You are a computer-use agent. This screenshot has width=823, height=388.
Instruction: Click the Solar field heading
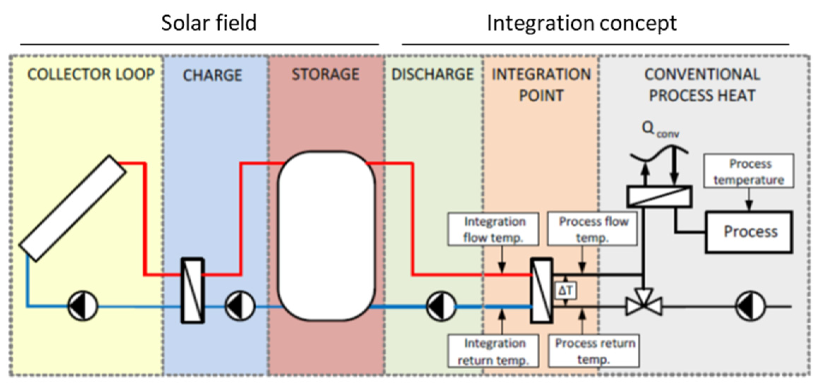coord(209,23)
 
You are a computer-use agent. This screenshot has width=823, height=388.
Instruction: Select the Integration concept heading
coord(582,23)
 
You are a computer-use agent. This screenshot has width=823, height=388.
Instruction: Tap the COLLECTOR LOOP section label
coord(91,74)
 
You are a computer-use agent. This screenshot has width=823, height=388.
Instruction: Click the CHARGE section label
coord(213,75)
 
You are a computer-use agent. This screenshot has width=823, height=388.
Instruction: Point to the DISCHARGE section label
coord(433,74)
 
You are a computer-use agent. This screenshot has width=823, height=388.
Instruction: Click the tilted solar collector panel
coord(73,208)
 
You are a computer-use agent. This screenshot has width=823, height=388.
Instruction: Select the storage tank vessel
coord(326,235)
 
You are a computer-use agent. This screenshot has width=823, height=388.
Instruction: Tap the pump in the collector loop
coord(83,306)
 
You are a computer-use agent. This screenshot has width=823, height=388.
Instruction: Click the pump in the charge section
coord(240,306)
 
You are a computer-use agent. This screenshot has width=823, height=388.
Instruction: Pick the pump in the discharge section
coord(441,306)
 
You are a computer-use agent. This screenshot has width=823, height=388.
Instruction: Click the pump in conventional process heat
coord(750,306)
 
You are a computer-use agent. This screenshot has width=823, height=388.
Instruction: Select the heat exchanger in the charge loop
coord(192,290)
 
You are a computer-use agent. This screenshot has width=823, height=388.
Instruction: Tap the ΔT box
coord(566,291)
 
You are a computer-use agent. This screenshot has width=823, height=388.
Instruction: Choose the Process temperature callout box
coord(749,171)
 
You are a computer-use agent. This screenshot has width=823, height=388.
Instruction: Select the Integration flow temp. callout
coord(493,229)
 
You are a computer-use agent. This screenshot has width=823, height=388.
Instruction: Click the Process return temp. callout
coord(594,351)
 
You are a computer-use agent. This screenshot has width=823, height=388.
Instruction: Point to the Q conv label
coord(659,129)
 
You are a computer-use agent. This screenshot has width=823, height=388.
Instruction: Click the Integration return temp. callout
coord(493,351)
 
